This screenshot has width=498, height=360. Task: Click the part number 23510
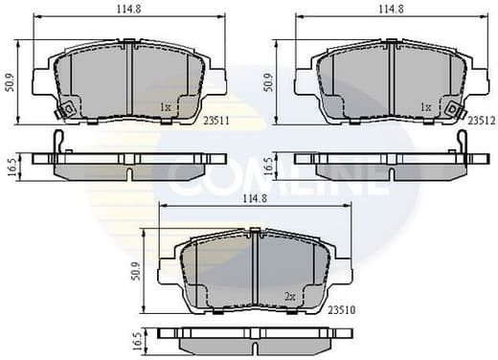pos(342,309)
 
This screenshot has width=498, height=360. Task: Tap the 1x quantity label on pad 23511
pos(166,107)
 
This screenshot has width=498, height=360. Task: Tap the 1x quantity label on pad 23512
pos(426,107)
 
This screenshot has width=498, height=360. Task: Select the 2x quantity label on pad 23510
pos(290,297)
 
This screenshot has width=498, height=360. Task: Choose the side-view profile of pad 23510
pos(255,341)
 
